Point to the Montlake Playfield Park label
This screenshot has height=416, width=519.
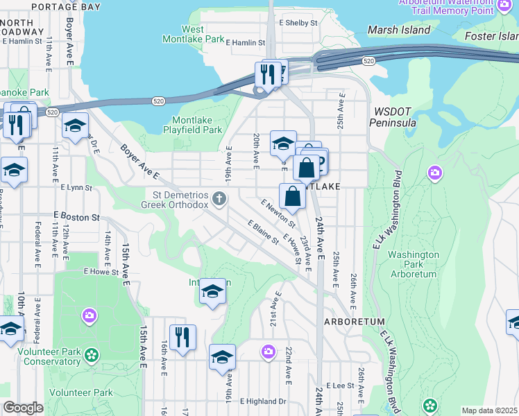tap(192, 125)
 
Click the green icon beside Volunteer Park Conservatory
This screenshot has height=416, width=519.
tap(91, 356)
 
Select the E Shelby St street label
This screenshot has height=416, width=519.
tap(298, 22)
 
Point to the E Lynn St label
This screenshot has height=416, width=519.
tap(76, 187)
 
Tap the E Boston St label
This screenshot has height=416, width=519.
tap(80, 217)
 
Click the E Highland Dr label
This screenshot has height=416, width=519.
tap(263, 401)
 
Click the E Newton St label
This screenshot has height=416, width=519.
tap(278, 214)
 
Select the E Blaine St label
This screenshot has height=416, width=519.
tap(263, 232)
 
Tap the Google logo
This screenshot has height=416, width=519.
tap(23, 408)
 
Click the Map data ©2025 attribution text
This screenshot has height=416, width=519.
tap(490, 410)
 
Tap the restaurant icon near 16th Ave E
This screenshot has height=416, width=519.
tap(182, 338)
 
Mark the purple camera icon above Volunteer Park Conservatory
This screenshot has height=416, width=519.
tap(89, 316)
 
